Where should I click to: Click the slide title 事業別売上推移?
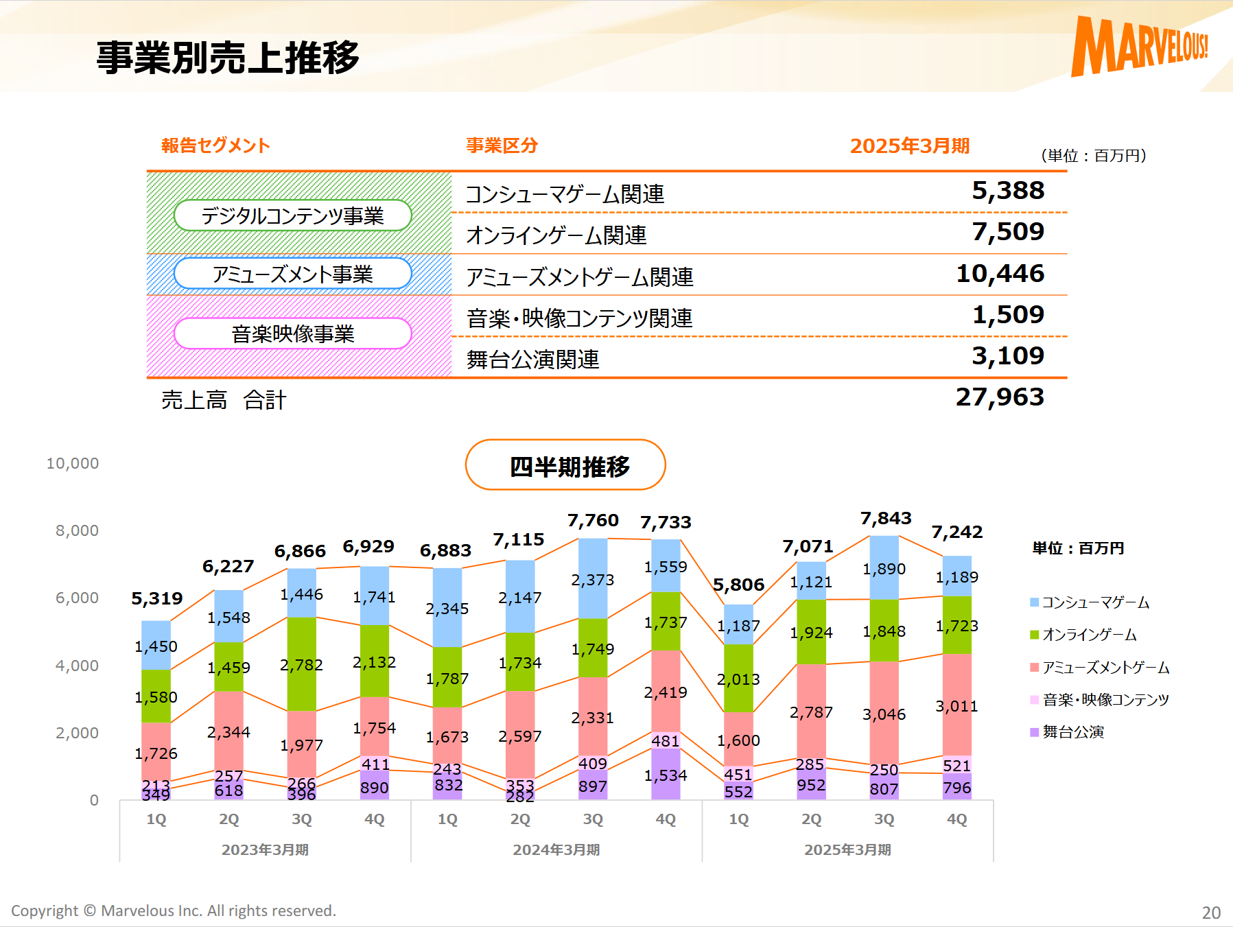pos(228,58)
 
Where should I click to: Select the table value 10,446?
pos(1000,274)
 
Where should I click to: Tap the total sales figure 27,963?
pos(1000,397)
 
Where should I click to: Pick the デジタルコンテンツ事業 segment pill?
pos(293,216)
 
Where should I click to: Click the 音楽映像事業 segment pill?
pos(293,334)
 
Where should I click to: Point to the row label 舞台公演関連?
pos(533,360)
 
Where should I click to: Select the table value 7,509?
pos(1007,232)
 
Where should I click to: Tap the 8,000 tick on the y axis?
pos(77,531)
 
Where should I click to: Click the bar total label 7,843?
pos(886,518)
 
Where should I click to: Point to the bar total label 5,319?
pos(157,599)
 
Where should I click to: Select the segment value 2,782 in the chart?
pos(301,665)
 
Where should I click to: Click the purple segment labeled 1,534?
pos(666,775)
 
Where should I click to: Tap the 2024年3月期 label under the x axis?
pos(556,849)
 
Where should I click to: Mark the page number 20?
pos(1211,913)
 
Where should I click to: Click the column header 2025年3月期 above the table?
pos(909,146)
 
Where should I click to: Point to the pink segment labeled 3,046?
pos(884,714)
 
